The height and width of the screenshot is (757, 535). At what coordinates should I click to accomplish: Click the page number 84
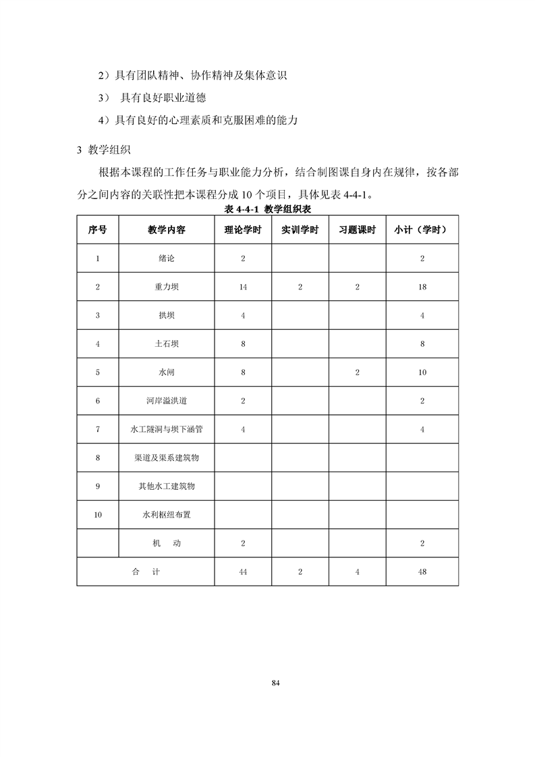coord(275,682)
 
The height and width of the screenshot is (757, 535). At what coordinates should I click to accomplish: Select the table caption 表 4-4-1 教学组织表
coord(267,209)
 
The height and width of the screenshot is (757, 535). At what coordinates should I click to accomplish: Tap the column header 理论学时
coord(243,229)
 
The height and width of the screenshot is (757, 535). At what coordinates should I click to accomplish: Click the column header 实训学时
coord(300,229)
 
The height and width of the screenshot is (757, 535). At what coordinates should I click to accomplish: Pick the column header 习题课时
coord(357,229)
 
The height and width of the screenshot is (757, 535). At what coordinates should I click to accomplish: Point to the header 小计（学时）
coord(422,229)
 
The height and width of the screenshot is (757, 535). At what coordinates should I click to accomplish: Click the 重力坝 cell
coord(166,287)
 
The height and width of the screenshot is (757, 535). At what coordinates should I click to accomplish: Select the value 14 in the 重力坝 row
coord(243,287)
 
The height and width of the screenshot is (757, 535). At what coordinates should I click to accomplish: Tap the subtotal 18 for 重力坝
coord(422,287)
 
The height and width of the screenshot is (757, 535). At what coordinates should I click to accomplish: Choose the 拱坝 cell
coord(166,315)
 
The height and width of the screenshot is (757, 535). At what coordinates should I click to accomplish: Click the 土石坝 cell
coord(166,343)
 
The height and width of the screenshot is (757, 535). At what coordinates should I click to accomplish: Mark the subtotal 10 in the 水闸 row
coord(422,372)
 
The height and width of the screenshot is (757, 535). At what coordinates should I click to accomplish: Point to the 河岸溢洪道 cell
coord(166,401)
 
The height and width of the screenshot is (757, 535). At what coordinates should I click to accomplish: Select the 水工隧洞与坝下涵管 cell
coord(166,429)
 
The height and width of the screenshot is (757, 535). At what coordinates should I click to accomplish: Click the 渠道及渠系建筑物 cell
coord(166,457)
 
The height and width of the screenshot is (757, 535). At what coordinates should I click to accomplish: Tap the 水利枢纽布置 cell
coord(166,515)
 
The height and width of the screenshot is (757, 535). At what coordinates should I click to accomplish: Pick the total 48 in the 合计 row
coord(422,571)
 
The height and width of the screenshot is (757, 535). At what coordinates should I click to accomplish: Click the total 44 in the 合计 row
coord(243,571)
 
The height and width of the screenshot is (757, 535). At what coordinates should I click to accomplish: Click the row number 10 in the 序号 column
coord(98,515)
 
